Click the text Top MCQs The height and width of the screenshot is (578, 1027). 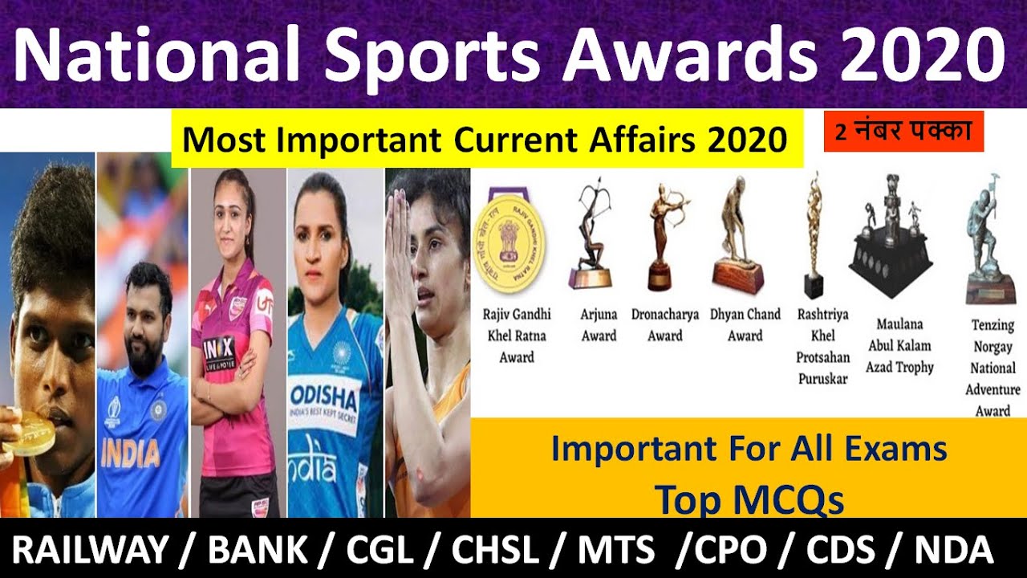pos(749,500)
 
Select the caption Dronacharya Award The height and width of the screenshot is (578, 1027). pos(665,324)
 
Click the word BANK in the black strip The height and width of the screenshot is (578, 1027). pos(257,552)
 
